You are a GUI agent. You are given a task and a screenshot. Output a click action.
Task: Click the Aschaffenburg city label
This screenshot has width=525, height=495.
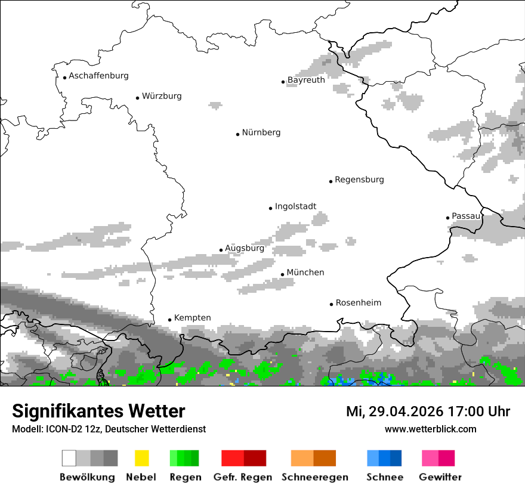click(98, 76)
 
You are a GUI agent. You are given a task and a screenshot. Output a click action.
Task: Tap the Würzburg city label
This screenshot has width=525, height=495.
click(162, 96)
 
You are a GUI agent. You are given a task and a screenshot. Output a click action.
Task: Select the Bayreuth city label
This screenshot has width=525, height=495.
click(306, 80)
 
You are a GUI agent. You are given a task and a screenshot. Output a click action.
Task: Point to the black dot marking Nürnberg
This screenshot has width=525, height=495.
click(237, 134)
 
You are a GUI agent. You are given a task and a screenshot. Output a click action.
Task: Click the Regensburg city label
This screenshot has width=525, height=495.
click(359, 180)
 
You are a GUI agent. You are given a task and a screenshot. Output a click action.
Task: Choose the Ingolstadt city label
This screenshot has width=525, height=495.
click(295, 206)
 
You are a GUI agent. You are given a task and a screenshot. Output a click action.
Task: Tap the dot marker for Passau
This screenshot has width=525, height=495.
click(447, 218)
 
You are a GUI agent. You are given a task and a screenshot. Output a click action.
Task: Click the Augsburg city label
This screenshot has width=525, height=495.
click(245, 248)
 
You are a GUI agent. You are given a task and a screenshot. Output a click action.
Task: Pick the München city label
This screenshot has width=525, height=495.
click(305, 273)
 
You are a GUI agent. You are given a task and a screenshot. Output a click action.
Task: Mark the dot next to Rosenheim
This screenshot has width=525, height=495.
click(331, 304)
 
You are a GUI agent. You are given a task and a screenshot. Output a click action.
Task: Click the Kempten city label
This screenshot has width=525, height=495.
click(192, 318)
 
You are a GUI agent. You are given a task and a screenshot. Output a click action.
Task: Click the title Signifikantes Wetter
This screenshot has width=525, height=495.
click(98, 411)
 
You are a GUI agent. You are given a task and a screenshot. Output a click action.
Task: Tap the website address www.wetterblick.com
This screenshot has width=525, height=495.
click(430, 429)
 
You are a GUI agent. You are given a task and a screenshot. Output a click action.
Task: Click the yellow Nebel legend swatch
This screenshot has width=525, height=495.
click(141, 458)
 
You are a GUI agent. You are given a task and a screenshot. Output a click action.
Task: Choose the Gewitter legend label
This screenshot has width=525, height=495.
click(440, 477)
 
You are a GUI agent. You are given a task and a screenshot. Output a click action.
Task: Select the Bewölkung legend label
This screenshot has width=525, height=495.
click(87, 477)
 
